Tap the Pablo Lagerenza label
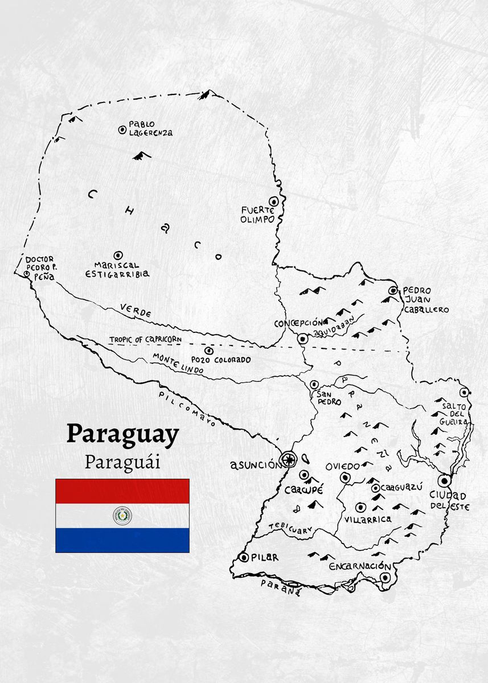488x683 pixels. [150, 128]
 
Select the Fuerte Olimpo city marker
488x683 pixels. [274, 201]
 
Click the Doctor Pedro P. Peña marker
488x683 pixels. [26, 274]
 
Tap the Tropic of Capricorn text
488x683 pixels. [146, 339]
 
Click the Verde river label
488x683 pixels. [136, 311]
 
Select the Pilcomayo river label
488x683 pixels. [188, 409]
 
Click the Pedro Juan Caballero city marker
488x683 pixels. [392, 291]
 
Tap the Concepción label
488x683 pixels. [301, 323]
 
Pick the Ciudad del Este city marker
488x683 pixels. [445, 481]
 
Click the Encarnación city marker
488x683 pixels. [386, 578]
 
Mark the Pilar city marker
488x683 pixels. [244, 557]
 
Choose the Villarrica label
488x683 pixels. [367, 519]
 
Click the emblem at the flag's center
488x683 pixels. [122, 516]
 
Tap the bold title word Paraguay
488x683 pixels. [122, 434]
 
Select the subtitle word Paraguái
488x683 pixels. [122, 462]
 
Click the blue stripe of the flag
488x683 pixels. [122, 540]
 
